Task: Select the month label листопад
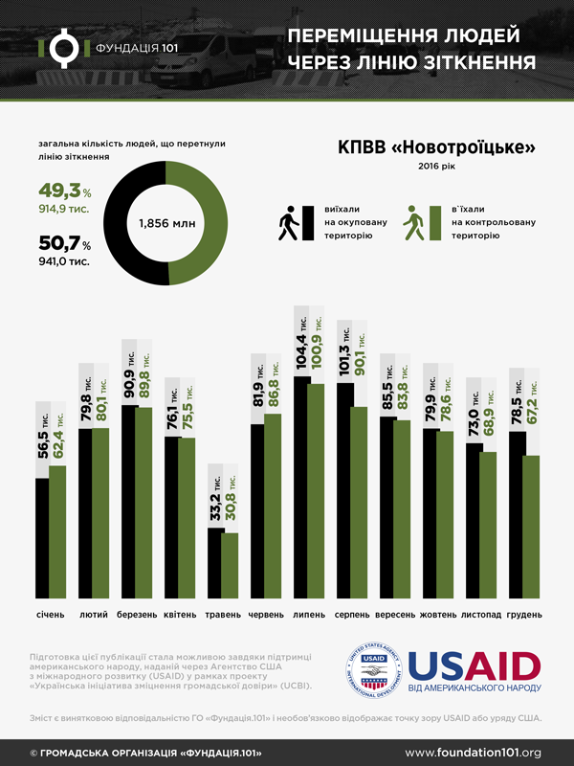[x=482, y=614]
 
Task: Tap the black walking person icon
[x=288, y=222]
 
